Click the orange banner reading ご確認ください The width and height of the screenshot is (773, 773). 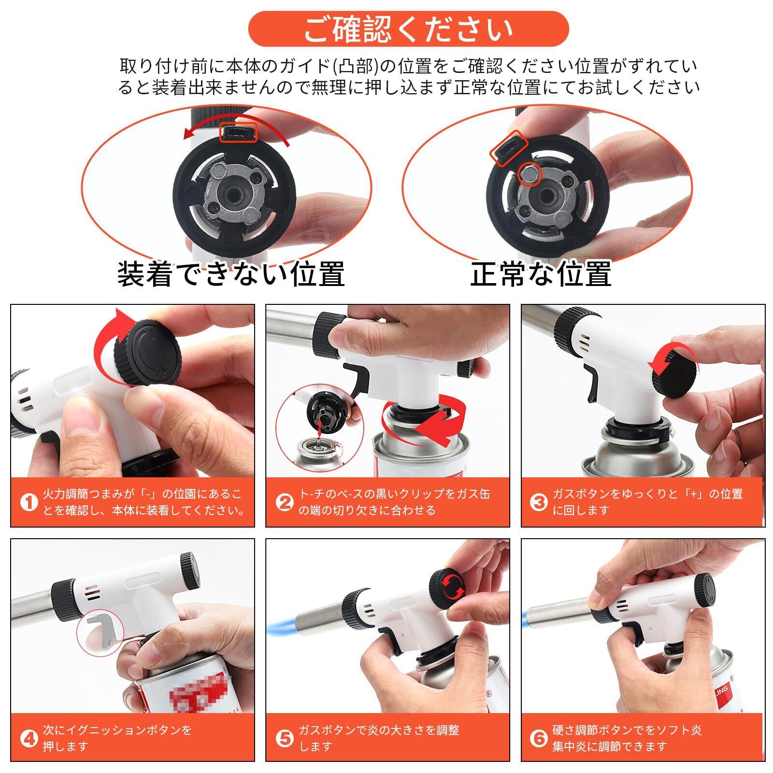pyautogui.click(x=408, y=29)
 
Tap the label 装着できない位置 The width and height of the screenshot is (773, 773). pyautogui.click(x=231, y=274)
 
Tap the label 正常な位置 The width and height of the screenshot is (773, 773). pyautogui.click(x=541, y=274)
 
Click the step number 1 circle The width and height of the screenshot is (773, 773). pyautogui.click(x=29, y=502)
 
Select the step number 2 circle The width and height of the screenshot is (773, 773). pyautogui.click(x=285, y=502)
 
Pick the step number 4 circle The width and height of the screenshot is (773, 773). pyautogui.click(x=29, y=739)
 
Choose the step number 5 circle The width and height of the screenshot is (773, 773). pyautogui.click(x=285, y=739)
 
